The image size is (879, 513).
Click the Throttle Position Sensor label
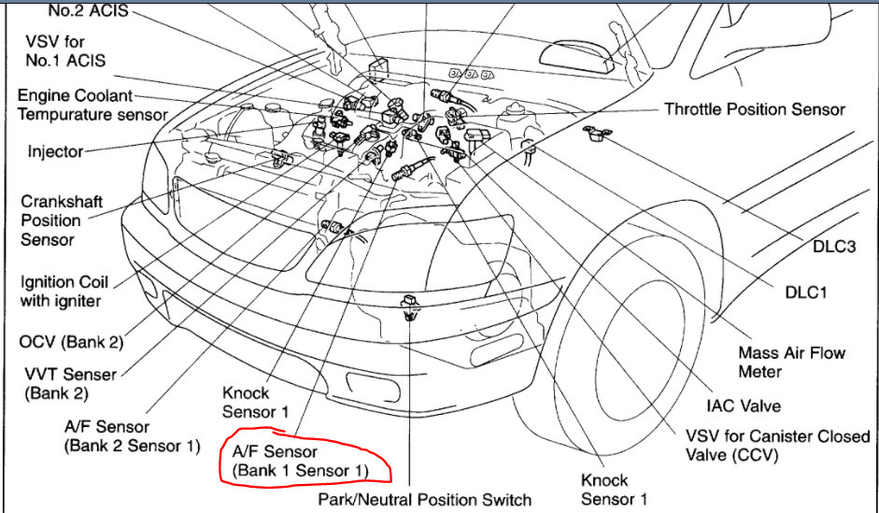pyautogui.click(x=754, y=109)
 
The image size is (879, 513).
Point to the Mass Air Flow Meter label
pyautogui.click(x=791, y=362)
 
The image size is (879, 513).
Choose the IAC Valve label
pyautogui.click(x=744, y=406)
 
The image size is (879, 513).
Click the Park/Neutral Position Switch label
pyautogui.click(x=424, y=499)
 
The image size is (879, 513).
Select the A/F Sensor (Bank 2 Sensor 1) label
pyautogui.click(x=132, y=436)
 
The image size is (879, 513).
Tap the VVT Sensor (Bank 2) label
pyautogui.click(x=72, y=383)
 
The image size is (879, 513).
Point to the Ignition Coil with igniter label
pyautogui.click(x=64, y=291)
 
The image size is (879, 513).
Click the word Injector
pyautogui.click(x=55, y=151)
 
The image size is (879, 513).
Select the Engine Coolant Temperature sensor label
pyautogui.click(x=92, y=106)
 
